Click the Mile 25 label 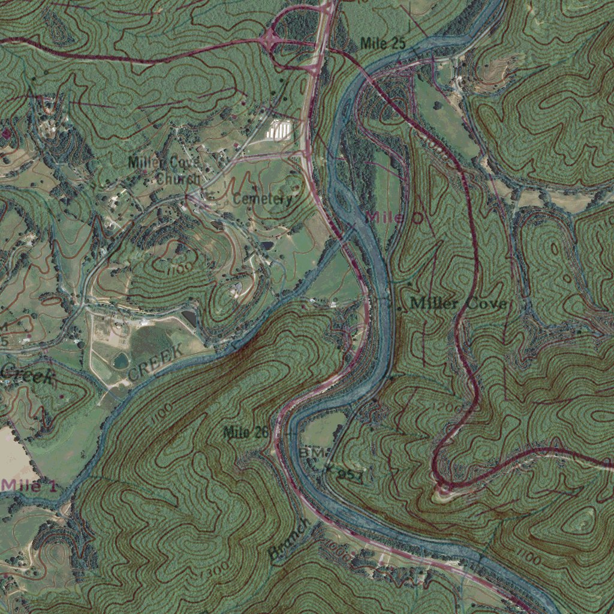click(x=383, y=43)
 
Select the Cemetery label click(x=263, y=199)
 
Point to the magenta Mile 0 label click(x=394, y=218)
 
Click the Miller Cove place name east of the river click(x=458, y=304)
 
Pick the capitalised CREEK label click(x=155, y=363)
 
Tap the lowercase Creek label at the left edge click(x=27, y=375)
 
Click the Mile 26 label click(x=246, y=432)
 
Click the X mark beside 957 click(x=329, y=471)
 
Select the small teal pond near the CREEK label click(x=121, y=360)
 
